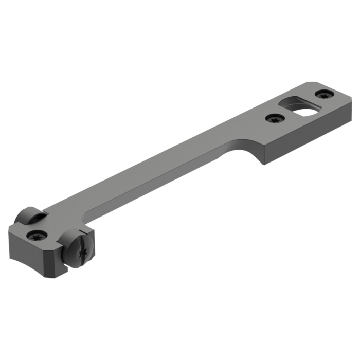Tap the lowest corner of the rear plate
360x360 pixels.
263,165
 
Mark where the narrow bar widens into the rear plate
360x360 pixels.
234,136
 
